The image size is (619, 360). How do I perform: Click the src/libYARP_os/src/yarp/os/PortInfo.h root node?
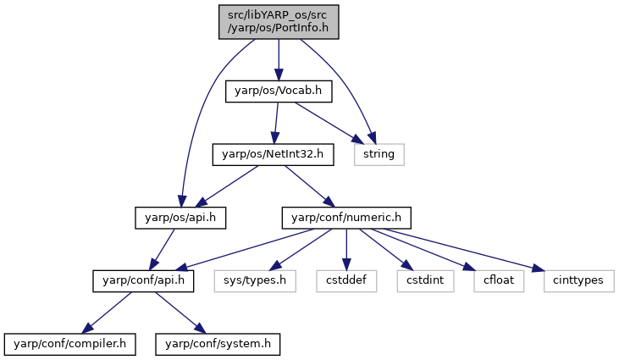(279, 22)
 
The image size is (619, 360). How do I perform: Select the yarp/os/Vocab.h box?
(279, 91)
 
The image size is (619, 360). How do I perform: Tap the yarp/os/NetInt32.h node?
(274, 154)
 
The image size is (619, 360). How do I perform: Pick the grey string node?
(379, 154)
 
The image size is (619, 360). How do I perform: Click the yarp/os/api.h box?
(180, 218)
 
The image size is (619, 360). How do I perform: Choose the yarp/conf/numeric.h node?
(346, 218)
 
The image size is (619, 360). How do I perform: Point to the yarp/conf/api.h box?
(143, 281)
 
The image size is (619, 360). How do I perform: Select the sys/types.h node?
(255, 281)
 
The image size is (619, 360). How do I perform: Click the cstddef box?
(346, 281)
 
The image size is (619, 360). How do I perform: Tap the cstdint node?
(426, 281)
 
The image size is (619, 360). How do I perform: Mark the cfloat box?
(499, 281)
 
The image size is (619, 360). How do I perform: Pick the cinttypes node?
(578, 281)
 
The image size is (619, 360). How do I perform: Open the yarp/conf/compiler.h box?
(70, 344)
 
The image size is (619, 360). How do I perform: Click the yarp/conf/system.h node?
(218, 344)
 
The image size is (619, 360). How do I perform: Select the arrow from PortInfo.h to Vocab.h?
(279, 60)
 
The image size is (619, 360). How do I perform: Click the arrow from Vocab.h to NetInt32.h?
(276, 123)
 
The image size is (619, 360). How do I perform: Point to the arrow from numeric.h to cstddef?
(346, 250)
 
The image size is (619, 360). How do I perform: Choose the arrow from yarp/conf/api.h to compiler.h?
(107, 313)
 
